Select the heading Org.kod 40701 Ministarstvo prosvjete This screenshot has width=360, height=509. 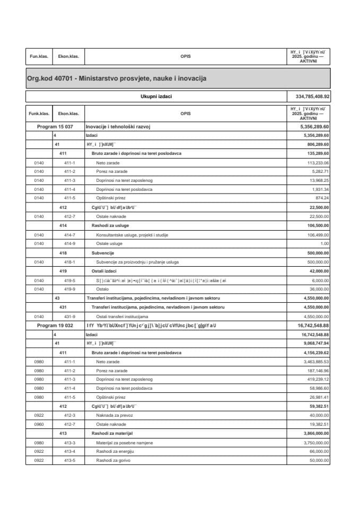(x=116, y=78)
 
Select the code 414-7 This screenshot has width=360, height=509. (x=69, y=234)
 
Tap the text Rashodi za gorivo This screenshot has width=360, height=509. (x=113, y=460)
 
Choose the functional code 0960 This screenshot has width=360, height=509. (x=39, y=424)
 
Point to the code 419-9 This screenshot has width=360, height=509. (x=69, y=289)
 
